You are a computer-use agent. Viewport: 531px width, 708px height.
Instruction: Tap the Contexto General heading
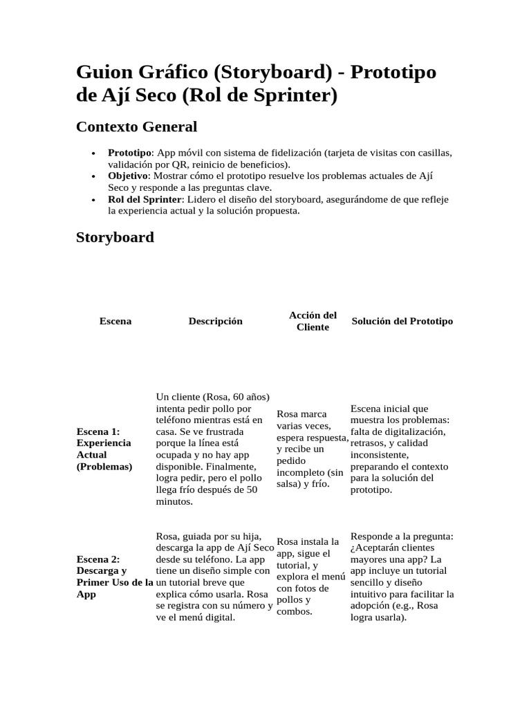pos(136,127)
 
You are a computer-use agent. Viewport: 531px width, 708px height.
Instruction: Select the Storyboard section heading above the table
pos(114,237)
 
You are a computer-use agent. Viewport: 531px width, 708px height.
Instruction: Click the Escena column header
pos(115,321)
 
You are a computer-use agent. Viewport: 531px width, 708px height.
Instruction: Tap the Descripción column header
pos(215,321)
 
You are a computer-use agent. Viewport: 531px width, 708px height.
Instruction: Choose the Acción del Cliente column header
pos(313,321)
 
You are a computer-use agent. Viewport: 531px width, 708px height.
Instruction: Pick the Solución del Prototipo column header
pos(402,321)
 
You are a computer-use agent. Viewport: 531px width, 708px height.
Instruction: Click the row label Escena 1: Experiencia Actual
pos(104,449)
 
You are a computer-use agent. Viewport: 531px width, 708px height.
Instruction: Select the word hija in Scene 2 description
pos(257,536)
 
